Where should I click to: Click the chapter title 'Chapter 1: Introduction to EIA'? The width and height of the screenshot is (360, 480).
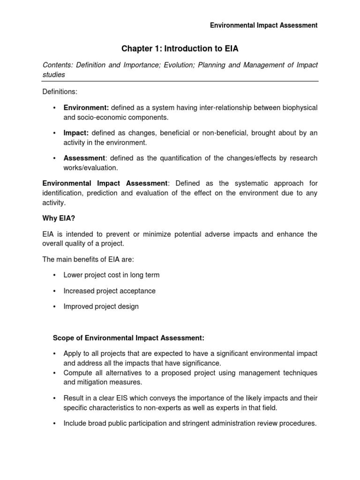pyautogui.click(x=180, y=48)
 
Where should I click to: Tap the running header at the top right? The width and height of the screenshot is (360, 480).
pyautogui.click(x=263, y=25)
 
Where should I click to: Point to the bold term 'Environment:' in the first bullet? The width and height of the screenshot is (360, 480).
pyautogui.click(x=86, y=108)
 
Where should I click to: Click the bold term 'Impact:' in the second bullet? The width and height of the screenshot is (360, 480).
pyautogui.click(x=76, y=133)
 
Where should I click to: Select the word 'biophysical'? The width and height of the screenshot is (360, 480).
pyautogui.click(x=299, y=108)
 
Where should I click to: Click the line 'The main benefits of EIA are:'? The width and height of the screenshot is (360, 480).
pyautogui.click(x=88, y=260)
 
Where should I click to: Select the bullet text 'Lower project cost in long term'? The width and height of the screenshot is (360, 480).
pyautogui.click(x=112, y=275)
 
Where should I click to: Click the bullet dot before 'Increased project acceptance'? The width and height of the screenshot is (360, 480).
pyautogui.click(x=55, y=291)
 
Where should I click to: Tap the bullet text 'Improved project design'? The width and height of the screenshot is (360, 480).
pyautogui.click(x=101, y=307)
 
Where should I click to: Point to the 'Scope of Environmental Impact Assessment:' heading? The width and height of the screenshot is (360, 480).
pyautogui.click(x=128, y=338)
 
